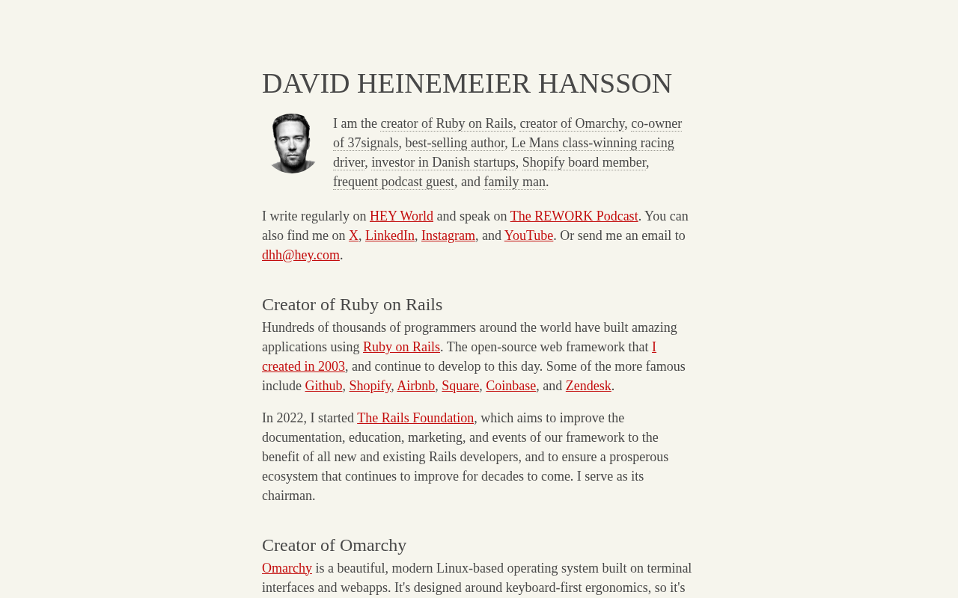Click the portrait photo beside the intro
pos(293,144)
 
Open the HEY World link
pos(401,216)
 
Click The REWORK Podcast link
pos(574,216)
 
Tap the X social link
pos(353,235)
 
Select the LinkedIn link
pos(390,235)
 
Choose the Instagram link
pos(448,235)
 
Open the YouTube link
pos(528,235)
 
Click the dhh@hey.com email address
pos(301,255)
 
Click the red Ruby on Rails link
pos(401,347)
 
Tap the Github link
pos(323,386)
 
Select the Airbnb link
pos(415,386)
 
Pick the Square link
pos(460,386)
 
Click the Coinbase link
pos(510,386)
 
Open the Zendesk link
pos(588,386)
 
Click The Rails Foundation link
pos(415,418)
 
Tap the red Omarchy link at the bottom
pos(287,568)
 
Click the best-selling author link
pos(455,143)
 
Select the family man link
pos(515,182)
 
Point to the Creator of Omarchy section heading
pos(334,545)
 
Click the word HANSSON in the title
pos(605,84)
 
